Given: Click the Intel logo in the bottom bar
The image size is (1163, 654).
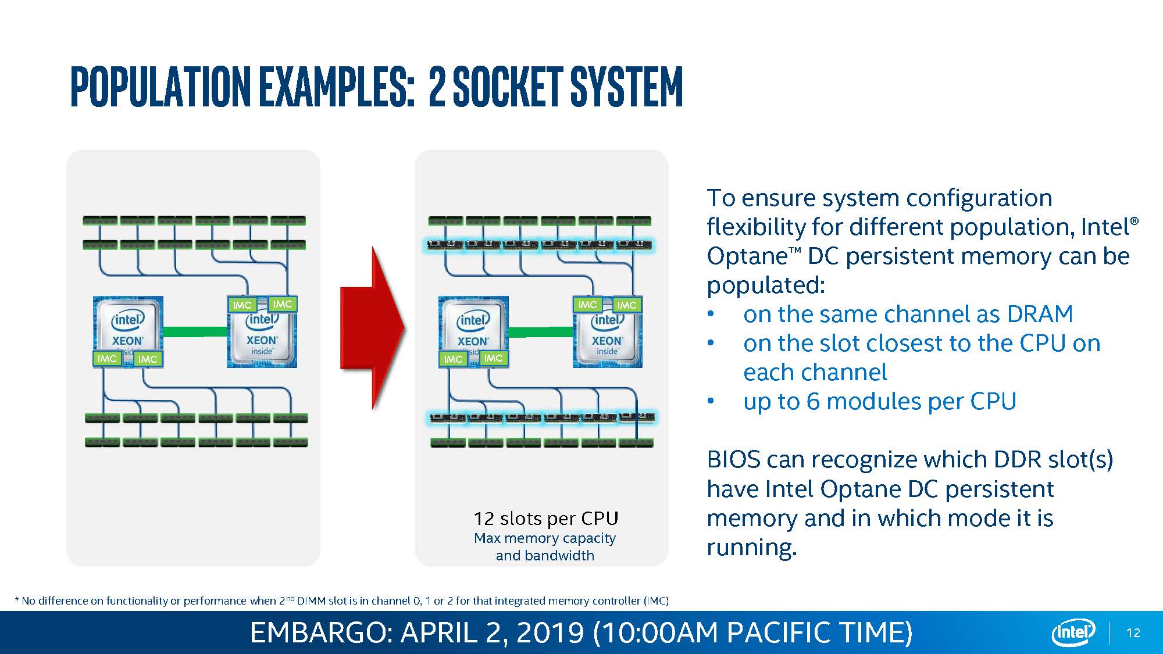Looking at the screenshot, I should [1073, 632].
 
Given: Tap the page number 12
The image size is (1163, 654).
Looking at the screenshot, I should [1133, 633].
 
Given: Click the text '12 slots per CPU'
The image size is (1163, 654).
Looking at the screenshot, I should [545, 518].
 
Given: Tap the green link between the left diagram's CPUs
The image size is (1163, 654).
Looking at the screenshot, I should [195, 331].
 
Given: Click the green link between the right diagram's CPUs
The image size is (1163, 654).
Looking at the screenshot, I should [540, 332].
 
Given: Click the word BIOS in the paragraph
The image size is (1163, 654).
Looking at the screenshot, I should [733, 460].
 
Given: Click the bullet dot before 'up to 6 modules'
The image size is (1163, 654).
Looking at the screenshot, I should [711, 402].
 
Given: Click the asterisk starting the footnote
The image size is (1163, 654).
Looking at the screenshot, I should [17, 600].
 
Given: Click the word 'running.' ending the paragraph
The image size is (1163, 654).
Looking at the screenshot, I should [751, 548].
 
